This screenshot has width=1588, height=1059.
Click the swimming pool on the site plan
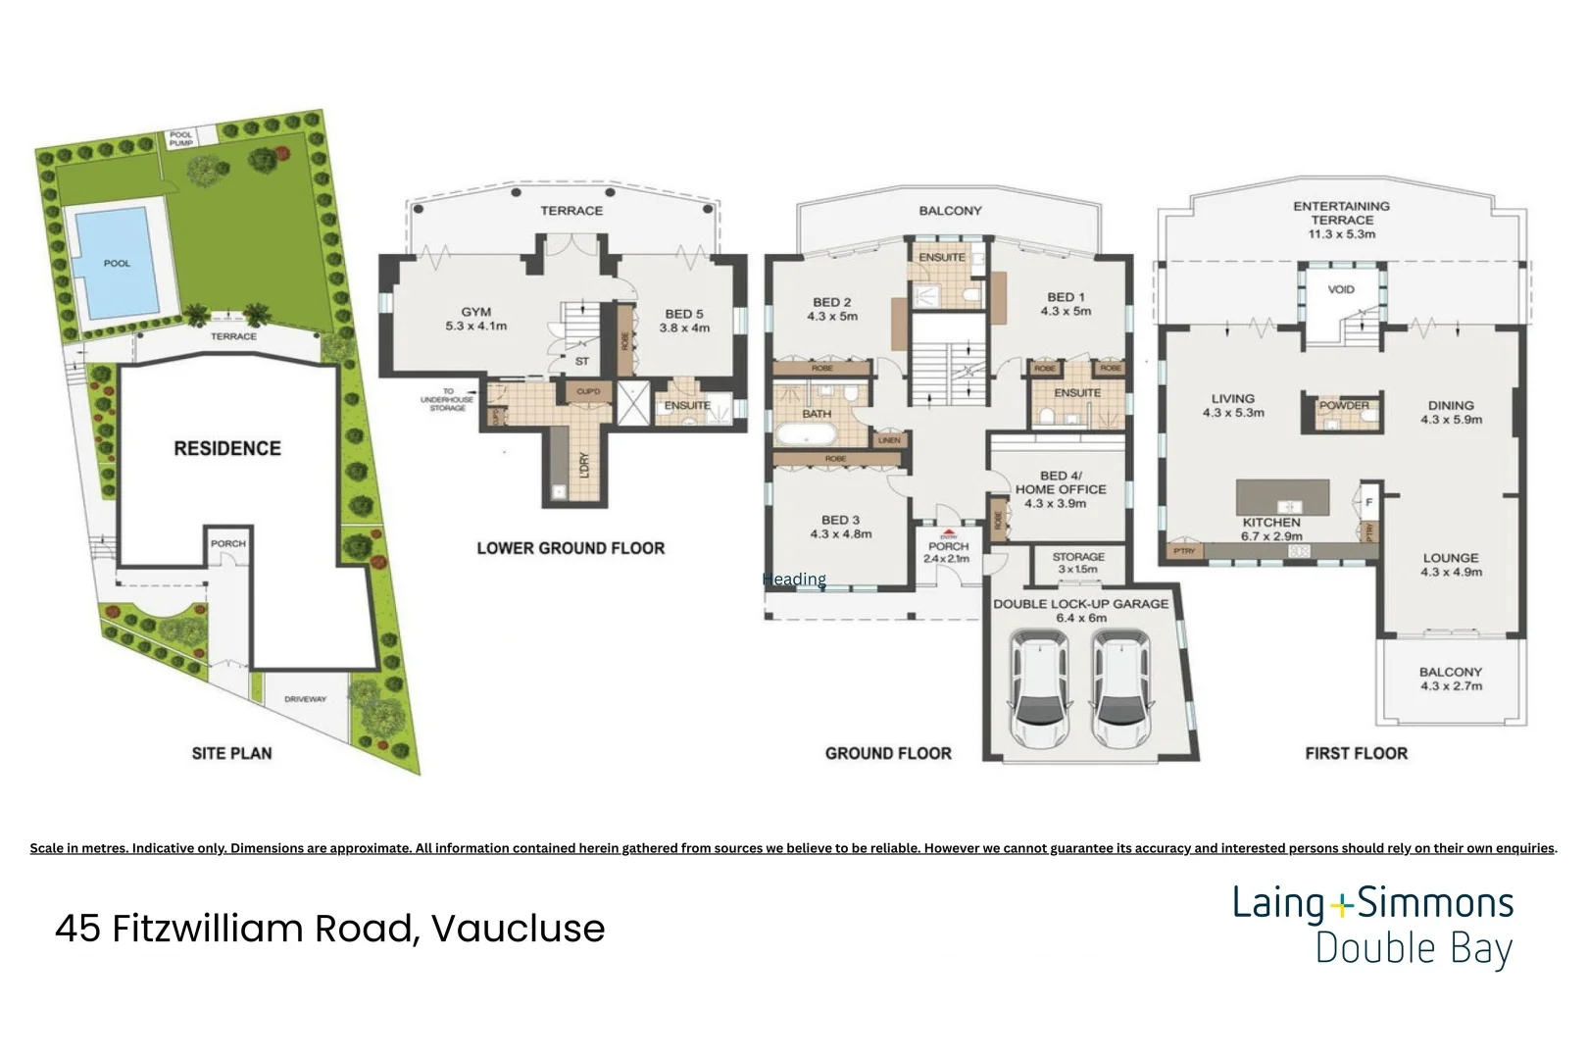(116, 260)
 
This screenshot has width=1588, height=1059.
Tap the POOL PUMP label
(181, 138)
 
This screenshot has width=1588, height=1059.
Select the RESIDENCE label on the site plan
(227, 448)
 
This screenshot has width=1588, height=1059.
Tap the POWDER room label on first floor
(1344, 405)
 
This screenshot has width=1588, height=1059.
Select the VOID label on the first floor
(1341, 289)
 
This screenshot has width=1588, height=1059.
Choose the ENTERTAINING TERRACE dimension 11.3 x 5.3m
(1341, 234)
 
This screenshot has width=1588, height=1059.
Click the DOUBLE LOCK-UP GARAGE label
(1081, 604)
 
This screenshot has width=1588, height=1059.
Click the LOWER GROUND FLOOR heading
(571, 548)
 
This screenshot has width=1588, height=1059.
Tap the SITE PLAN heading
(231, 753)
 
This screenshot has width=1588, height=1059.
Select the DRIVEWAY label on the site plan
(305, 699)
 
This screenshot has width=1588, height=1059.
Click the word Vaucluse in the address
(518, 928)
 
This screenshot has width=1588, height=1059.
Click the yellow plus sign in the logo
(1340, 904)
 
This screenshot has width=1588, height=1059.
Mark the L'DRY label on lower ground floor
(584, 464)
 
